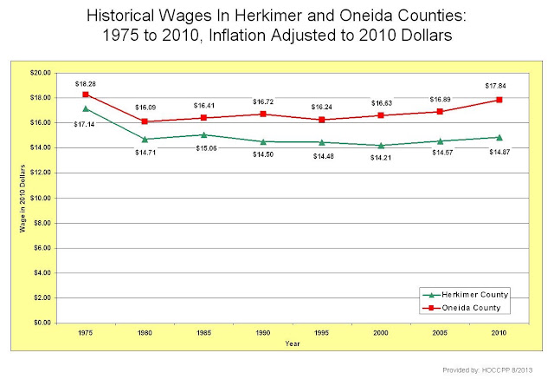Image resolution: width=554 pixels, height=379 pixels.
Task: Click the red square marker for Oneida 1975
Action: coord(86,95)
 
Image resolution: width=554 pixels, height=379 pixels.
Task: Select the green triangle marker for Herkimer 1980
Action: coord(145,139)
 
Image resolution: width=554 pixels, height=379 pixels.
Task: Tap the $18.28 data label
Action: coord(86,84)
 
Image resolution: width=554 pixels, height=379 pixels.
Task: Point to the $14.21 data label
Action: coord(381,158)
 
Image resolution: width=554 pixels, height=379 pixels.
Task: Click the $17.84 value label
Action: coord(496,86)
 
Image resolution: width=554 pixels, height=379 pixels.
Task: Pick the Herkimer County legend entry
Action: coord(465,295)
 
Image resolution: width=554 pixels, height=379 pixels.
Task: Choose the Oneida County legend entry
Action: coord(461,308)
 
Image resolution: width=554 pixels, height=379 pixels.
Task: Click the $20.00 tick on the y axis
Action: coord(41,73)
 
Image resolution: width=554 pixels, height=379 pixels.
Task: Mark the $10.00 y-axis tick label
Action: coord(41,198)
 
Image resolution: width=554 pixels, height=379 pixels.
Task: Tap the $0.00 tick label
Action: coord(42,323)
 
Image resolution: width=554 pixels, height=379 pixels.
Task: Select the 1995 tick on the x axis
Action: coord(321,333)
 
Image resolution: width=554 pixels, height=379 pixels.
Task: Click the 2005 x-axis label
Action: coord(440,333)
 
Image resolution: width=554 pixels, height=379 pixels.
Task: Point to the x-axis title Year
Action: coord(293,343)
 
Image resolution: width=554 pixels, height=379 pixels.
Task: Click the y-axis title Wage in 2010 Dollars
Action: coord(23,199)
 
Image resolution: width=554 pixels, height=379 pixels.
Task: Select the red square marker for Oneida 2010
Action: coord(499,100)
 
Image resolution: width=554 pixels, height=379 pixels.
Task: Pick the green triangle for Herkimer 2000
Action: coord(381,146)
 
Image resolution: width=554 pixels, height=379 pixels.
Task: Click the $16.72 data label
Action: coord(263,102)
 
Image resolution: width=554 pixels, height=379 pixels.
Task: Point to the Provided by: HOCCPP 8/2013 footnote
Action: coord(487,370)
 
